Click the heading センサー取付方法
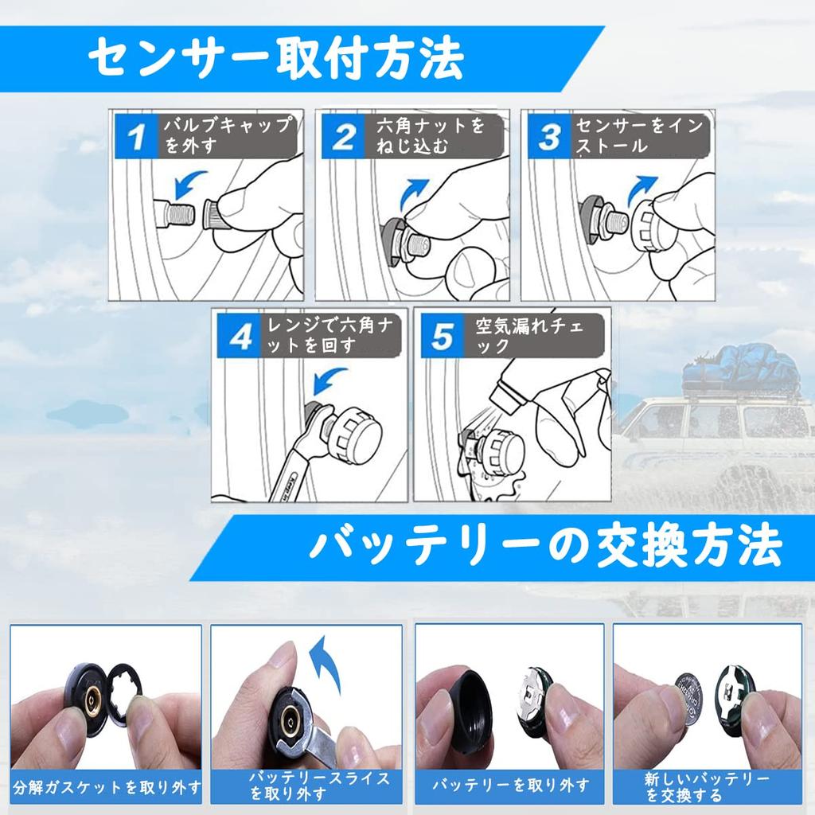(275, 58)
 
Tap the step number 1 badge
(136, 137)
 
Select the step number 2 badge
(343, 137)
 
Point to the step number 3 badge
(549, 137)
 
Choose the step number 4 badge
(239, 336)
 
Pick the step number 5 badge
(442, 336)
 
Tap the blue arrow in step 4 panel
(329, 381)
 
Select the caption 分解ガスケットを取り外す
(107, 787)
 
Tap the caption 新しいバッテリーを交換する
(707, 786)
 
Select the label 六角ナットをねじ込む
(431, 136)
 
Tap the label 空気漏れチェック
(530, 336)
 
